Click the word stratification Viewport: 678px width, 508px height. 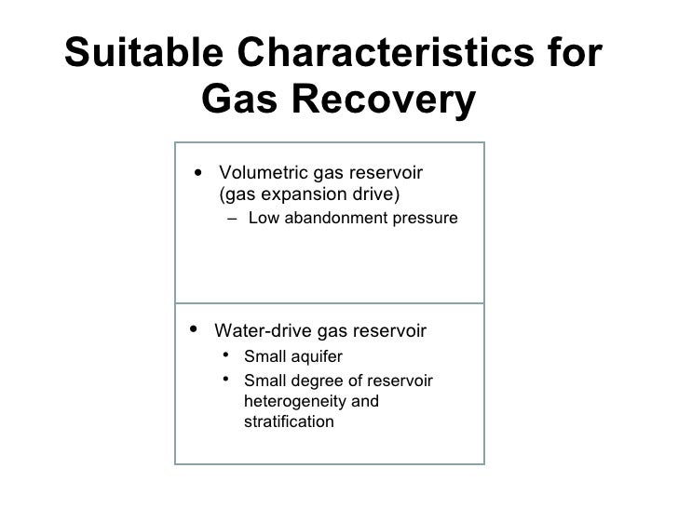[x=288, y=421]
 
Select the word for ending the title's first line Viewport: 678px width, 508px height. [x=572, y=55]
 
